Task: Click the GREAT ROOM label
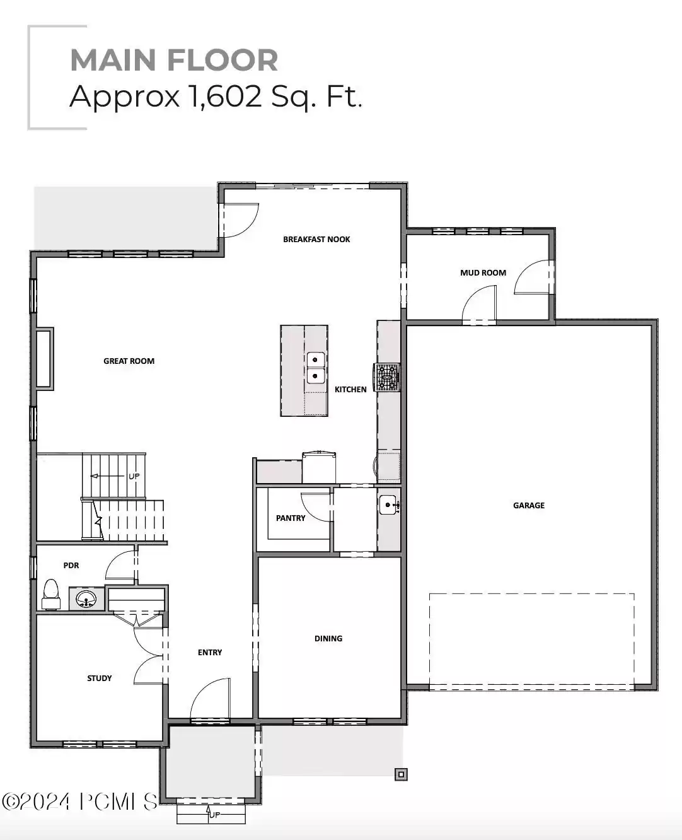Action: click(129, 361)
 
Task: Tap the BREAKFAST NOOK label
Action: click(316, 240)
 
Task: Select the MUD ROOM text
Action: click(483, 273)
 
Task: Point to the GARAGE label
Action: click(528, 505)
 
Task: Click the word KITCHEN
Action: click(350, 390)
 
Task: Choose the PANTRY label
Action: click(291, 518)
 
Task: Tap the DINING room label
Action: click(328, 639)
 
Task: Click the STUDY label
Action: click(100, 679)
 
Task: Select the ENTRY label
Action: click(210, 653)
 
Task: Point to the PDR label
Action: click(71, 566)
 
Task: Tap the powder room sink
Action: click(86, 598)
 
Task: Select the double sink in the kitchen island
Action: click(315, 368)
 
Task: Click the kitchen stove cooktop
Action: click(387, 378)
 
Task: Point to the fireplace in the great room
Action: click(45, 358)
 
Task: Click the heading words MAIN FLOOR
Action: click(174, 60)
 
